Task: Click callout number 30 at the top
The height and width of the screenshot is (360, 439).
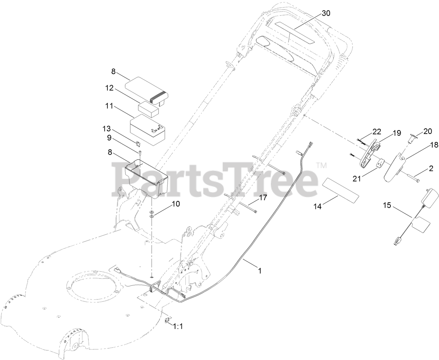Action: click(x=326, y=13)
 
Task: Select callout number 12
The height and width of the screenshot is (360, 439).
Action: click(x=109, y=88)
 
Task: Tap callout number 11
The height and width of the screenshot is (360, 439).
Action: click(x=109, y=105)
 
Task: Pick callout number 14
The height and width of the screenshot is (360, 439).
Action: click(x=317, y=206)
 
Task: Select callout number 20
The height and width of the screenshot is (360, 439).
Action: click(x=427, y=131)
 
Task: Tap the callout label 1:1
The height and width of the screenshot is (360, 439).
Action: click(x=178, y=327)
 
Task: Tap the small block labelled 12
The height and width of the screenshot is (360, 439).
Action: click(x=149, y=108)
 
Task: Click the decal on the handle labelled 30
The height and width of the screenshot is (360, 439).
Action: click(x=295, y=33)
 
